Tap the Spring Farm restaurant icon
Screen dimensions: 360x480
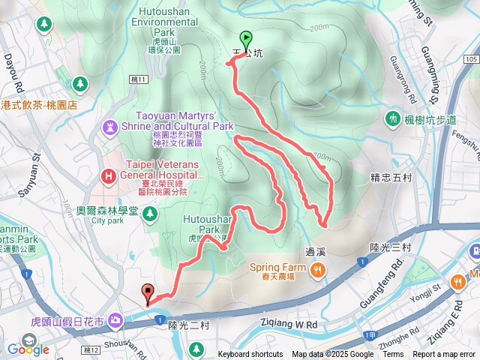coord(319,270)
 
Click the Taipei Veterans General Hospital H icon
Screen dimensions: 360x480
coord(109,176)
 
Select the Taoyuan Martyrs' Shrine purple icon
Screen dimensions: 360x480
coord(110,126)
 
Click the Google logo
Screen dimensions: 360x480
coord(28,349)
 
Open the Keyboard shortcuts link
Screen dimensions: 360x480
coord(250,355)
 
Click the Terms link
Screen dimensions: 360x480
coord(393,355)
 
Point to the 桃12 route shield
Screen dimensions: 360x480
coord(91,350)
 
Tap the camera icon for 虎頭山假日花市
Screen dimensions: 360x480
coord(115,321)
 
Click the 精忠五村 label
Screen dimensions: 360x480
coord(391,178)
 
